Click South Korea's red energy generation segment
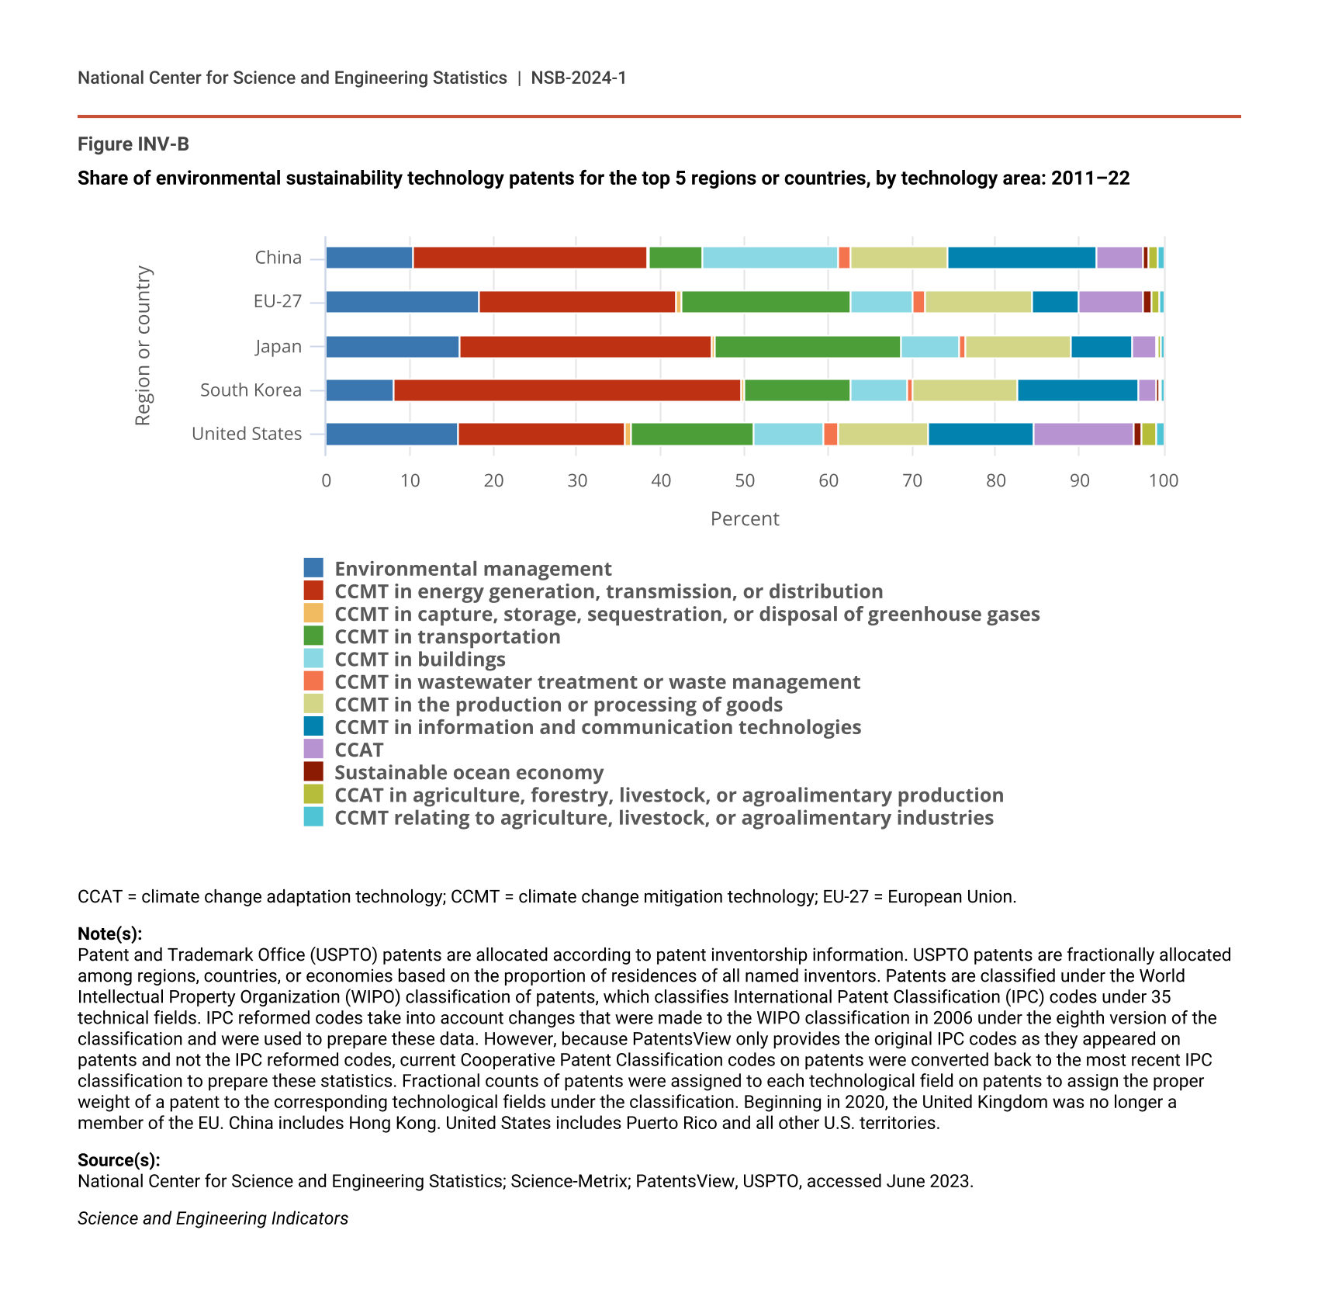pos(567,390)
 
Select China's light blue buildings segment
pos(770,258)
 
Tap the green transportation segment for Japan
pos(808,347)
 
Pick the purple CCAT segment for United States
pos(1083,435)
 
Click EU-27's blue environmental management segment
pos(402,302)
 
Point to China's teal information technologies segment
pos(1022,258)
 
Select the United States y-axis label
pos(247,434)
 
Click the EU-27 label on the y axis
pos(277,301)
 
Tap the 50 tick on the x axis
pos(745,480)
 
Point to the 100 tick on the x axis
pos(1163,480)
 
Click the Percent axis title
pos(745,518)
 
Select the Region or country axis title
pos(143,345)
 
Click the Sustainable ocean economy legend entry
pos(469,773)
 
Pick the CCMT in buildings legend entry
pos(420,660)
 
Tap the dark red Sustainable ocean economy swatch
pos(313,772)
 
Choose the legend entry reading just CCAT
pos(358,750)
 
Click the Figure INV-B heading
pos(133,144)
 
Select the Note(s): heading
pos(109,934)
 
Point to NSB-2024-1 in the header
pos(578,78)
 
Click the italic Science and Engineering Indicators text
pos(213,1218)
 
